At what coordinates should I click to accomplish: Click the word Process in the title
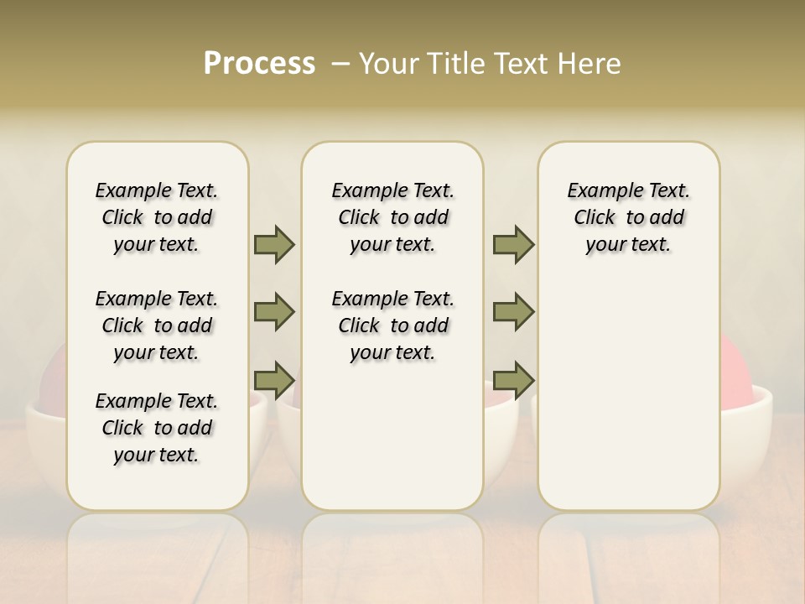[259, 64]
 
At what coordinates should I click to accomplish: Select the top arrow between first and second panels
[274, 244]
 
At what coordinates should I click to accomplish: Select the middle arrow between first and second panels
[274, 312]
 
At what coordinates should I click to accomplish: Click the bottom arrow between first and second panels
[274, 380]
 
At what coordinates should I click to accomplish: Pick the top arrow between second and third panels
[513, 244]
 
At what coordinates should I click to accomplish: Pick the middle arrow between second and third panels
[513, 312]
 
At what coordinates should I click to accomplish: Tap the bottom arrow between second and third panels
[513, 380]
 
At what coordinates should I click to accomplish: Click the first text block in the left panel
[157, 217]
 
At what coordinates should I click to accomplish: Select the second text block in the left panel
[157, 325]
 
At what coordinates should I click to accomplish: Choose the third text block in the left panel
[157, 428]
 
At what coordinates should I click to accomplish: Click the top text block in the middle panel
[392, 217]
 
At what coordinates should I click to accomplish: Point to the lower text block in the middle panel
[392, 325]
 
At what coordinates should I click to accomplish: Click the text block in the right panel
[628, 217]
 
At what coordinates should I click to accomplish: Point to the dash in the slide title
[340, 64]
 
